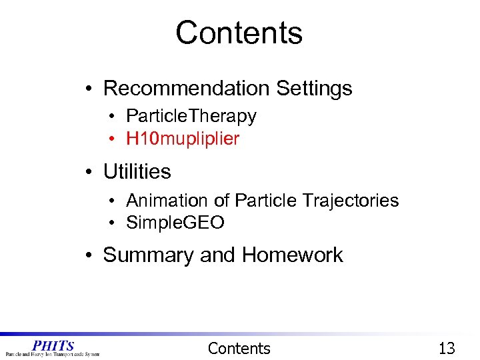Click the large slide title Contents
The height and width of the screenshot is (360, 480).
[239, 33]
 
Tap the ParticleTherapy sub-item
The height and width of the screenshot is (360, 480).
[191, 116]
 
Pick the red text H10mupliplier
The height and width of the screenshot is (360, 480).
[182, 139]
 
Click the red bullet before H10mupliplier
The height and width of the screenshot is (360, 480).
[115, 139]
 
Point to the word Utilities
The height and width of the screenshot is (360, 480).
[137, 171]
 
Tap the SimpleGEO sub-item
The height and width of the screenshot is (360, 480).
[175, 223]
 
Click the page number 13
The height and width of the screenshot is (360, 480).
[446, 348]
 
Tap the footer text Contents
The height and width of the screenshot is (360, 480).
[239, 348]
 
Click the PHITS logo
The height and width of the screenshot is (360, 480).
[53, 348]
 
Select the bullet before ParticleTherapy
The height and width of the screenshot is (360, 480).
[115, 117]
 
